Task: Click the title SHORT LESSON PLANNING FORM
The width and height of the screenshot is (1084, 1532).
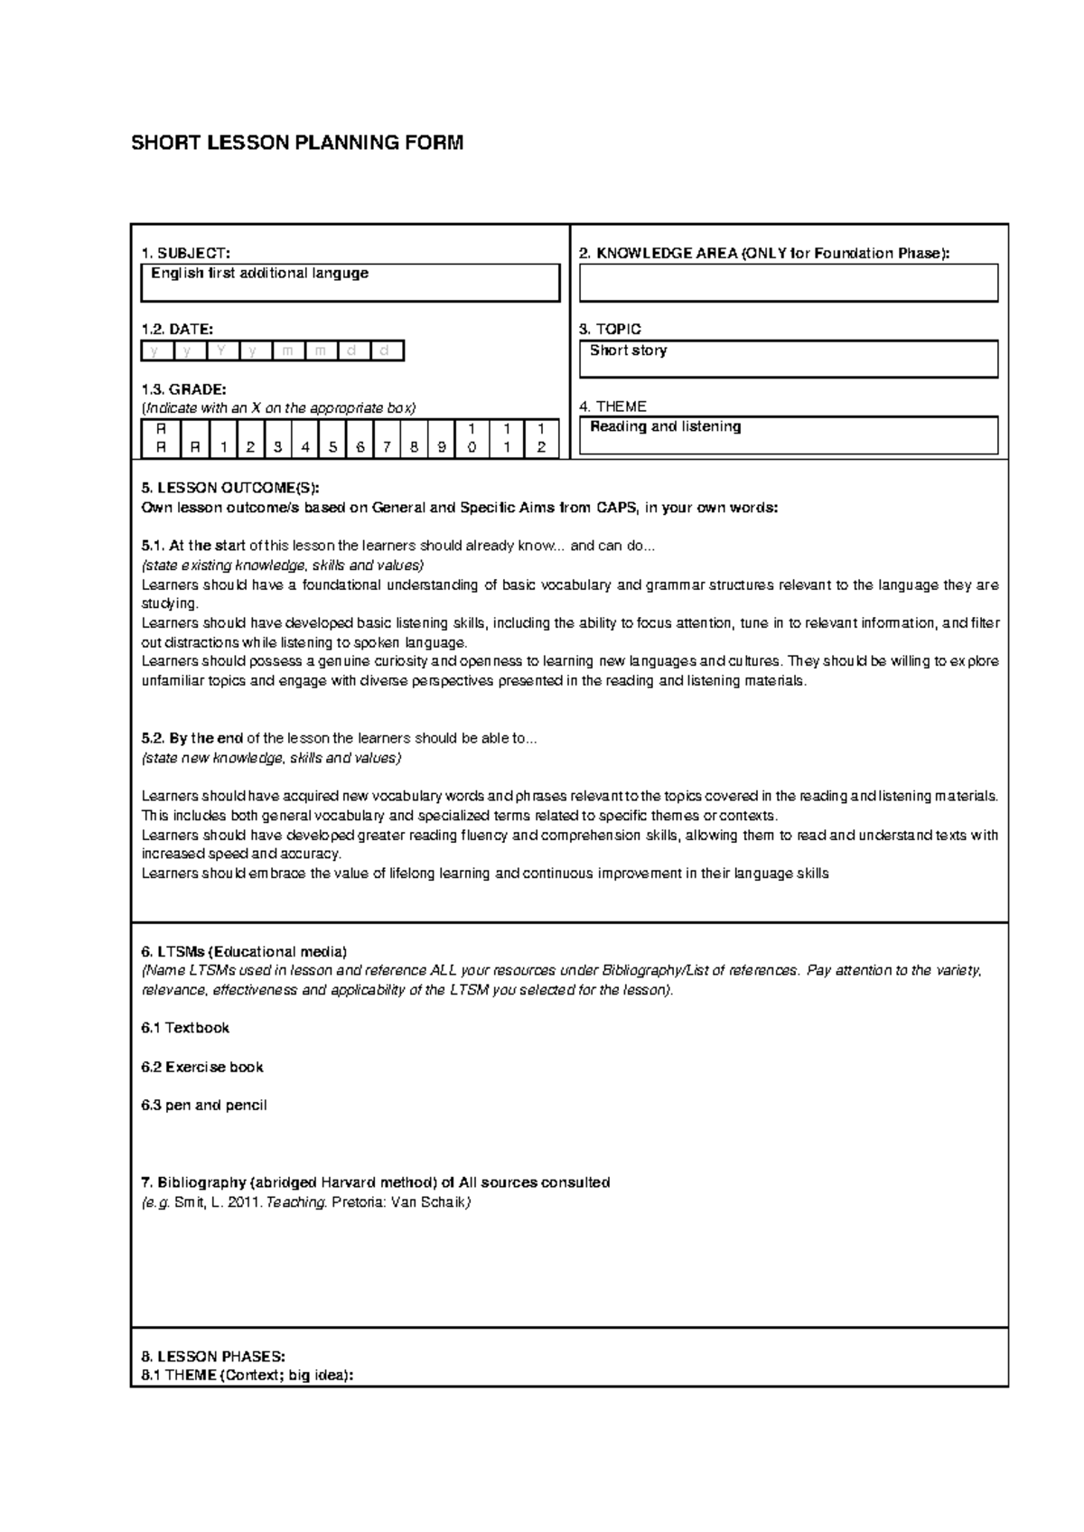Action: tap(297, 143)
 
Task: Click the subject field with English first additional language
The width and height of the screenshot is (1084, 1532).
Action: tap(350, 283)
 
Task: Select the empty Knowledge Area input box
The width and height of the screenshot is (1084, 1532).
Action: tap(788, 283)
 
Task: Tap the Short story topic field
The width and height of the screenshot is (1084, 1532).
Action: tap(788, 359)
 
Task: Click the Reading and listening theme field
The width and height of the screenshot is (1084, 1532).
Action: tap(788, 434)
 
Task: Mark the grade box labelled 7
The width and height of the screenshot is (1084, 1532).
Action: tap(388, 438)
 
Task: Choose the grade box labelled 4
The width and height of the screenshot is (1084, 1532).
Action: tap(306, 438)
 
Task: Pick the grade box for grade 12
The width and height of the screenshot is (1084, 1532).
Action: tap(541, 438)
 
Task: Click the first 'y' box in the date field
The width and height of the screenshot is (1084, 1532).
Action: tap(153, 350)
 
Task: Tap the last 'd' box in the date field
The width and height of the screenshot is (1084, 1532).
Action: tap(386, 350)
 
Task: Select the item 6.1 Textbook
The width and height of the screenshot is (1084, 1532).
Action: tap(185, 1028)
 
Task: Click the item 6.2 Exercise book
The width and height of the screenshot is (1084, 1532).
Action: tap(202, 1067)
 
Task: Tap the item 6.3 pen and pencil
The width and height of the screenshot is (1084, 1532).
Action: tap(204, 1105)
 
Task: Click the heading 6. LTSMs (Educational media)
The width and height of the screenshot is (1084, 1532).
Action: tap(244, 951)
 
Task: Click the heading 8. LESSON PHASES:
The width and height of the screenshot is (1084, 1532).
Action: tap(213, 1356)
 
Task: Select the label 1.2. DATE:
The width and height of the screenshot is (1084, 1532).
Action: tap(178, 330)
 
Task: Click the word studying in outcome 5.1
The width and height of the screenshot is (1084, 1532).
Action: tap(168, 603)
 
